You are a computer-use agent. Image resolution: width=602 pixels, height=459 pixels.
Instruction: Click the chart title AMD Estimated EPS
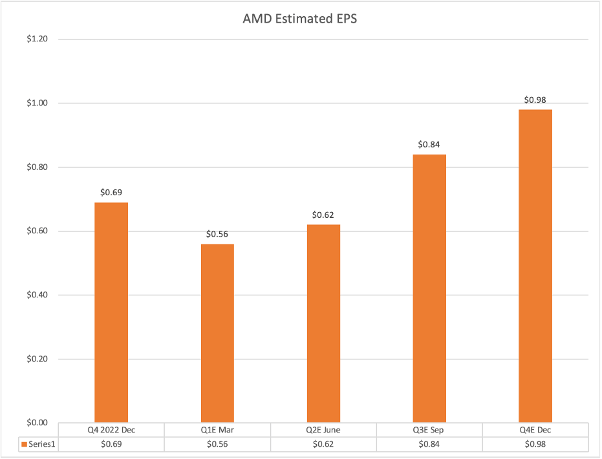pos(300,18)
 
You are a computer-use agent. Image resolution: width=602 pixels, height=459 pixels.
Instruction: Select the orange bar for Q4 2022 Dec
pos(111,312)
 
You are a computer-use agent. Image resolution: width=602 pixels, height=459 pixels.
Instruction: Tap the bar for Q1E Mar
pos(217,333)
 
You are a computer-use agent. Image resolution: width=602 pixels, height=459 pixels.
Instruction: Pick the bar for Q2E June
pos(323,323)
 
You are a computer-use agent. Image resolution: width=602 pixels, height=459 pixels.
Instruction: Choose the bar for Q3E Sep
pos(429,288)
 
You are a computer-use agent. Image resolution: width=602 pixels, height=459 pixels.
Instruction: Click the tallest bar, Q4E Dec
pos(535,266)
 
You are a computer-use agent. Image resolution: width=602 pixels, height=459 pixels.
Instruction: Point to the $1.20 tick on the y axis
pos(38,39)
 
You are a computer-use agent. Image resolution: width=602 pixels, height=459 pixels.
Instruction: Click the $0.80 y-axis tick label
pos(38,167)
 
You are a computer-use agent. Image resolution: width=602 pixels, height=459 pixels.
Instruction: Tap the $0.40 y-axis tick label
pos(38,295)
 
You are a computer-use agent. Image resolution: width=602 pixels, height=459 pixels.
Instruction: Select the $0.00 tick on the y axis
pos(38,423)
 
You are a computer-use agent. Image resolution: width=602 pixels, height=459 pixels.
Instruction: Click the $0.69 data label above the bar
pos(111,192)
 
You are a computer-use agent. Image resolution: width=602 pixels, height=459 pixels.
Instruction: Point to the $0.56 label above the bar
pos(217,234)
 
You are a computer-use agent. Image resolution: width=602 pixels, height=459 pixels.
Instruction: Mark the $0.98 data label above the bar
pos(535,100)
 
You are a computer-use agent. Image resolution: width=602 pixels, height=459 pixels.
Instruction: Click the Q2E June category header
pos(323,430)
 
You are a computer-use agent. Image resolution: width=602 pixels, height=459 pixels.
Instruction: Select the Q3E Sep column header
pos(429,430)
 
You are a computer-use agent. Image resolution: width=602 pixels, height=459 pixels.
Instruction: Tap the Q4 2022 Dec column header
pos(111,430)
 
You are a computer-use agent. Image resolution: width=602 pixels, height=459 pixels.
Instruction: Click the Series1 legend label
pos(42,444)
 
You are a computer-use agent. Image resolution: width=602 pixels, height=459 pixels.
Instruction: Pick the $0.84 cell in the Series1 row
pos(429,444)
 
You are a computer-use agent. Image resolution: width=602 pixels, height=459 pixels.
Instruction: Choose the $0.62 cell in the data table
pos(323,444)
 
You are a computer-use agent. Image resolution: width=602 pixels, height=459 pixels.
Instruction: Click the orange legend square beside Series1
pos(24,444)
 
